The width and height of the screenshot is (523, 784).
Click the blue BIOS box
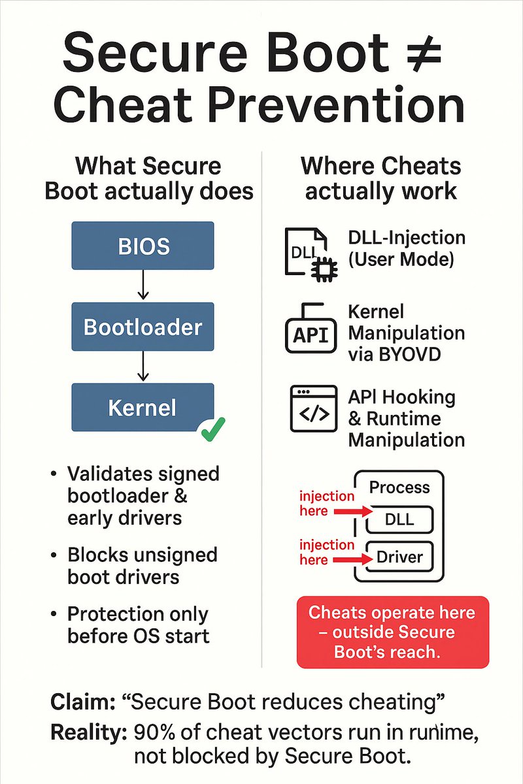tap(143, 246)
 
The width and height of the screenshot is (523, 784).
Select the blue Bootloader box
tap(143, 327)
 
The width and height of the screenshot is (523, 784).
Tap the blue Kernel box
tap(143, 408)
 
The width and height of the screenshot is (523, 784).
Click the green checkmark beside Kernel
tap(213, 428)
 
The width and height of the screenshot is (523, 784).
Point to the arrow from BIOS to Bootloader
tap(143, 286)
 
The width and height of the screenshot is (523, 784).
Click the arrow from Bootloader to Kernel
tap(143, 367)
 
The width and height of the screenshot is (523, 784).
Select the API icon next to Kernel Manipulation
tap(311, 332)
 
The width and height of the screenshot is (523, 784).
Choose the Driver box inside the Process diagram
tap(399, 557)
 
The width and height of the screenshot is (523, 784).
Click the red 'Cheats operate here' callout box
tap(392, 632)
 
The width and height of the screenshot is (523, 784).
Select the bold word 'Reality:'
tap(88, 732)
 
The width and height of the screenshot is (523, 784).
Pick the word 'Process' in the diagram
tap(399, 487)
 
